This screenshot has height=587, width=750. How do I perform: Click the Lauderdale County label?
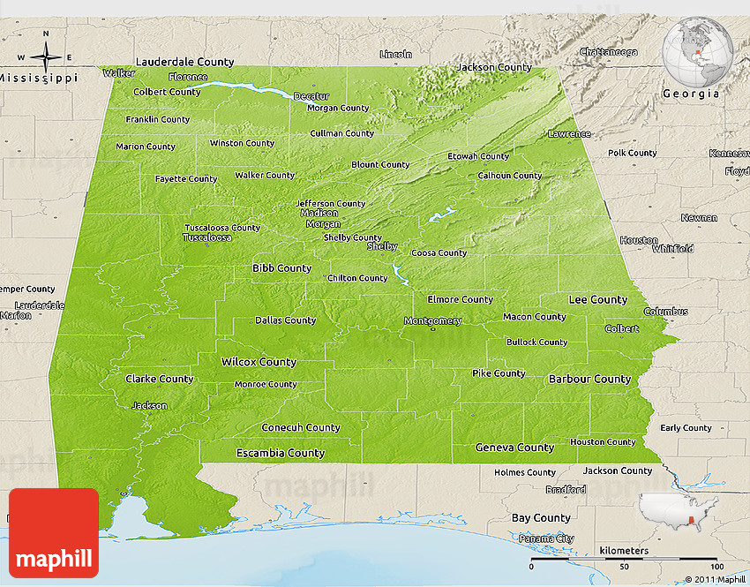coord(184,62)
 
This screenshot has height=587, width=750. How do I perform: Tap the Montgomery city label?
coord(432,321)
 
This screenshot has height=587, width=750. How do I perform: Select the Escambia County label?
coord(281,453)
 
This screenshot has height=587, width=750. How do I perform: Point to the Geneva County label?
coord(514,448)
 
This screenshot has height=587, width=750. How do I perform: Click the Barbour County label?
coord(589,379)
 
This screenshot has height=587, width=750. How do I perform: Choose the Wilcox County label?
coord(259,362)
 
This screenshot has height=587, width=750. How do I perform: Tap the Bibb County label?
coord(281,267)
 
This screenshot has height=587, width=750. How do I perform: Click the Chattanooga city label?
coord(608,52)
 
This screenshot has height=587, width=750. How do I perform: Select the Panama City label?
coord(546,538)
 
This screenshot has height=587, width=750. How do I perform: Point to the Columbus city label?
coord(665,312)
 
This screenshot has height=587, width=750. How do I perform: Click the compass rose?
coord(45,57)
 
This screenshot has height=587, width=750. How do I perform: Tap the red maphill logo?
coord(54,533)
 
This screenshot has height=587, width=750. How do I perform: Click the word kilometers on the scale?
coord(624,550)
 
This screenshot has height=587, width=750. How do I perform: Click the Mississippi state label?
coord(38,78)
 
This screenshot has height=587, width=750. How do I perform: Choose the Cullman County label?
coord(341,133)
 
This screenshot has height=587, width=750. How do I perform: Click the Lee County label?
coord(597,299)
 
